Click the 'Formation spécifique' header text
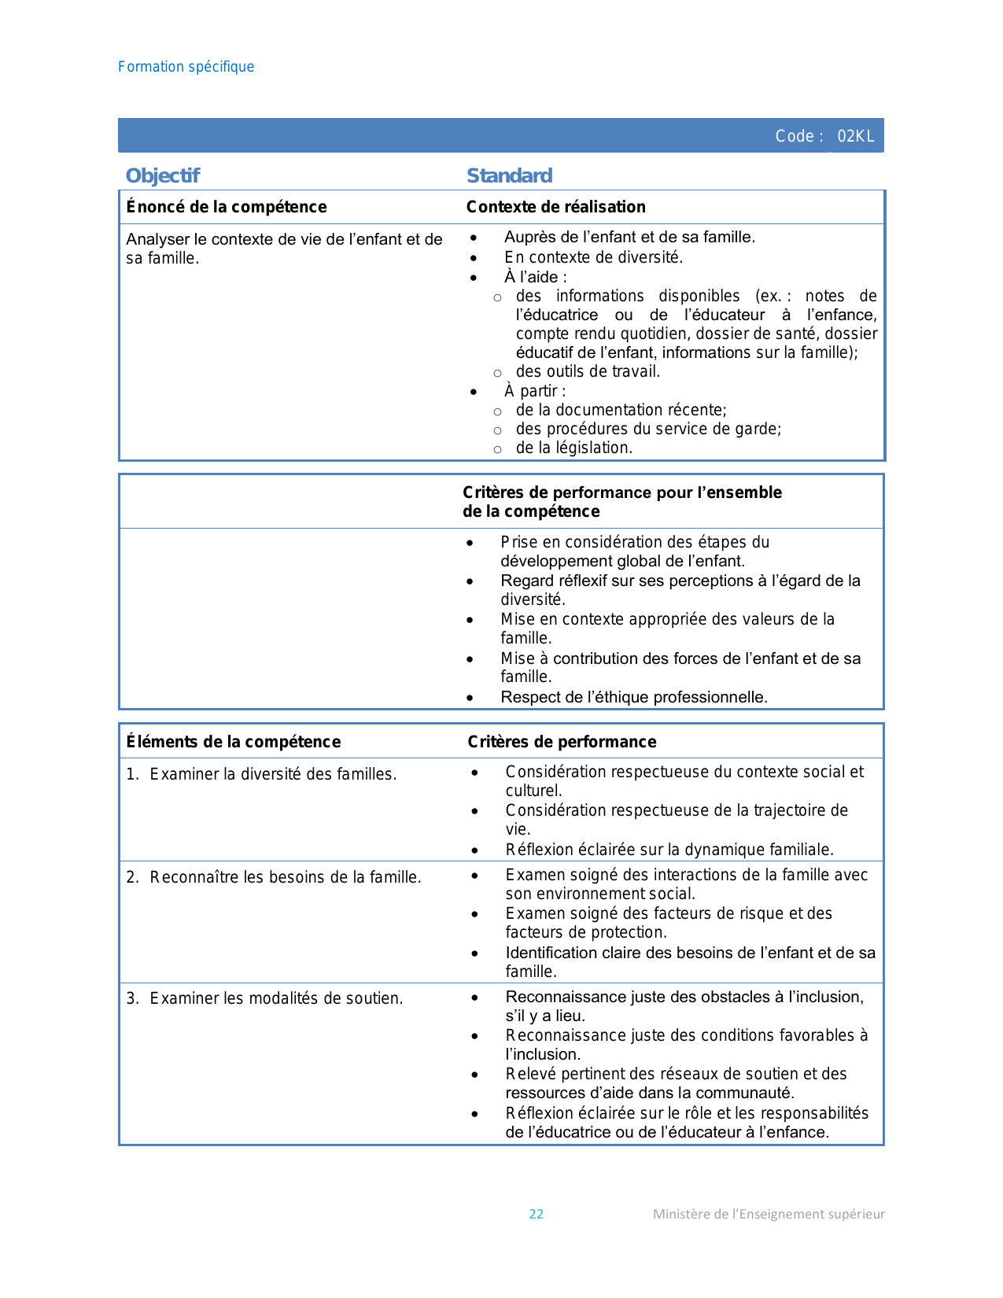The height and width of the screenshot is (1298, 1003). click(186, 67)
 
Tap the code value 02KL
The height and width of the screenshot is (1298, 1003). click(855, 136)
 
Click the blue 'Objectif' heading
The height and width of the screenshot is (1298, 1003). click(163, 175)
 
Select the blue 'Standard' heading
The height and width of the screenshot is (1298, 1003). click(509, 175)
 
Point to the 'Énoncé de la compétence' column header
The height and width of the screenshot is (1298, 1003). click(227, 207)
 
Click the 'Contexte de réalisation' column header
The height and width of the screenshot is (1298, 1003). click(555, 207)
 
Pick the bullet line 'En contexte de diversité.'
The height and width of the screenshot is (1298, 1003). click(593, 257)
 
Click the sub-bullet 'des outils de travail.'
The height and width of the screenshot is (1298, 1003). click(588, 371)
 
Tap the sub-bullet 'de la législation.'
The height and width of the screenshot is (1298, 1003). click(573, 448)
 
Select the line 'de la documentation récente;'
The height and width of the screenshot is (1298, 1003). click(621, 410)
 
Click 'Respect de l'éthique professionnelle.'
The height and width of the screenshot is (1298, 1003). click(633, 697)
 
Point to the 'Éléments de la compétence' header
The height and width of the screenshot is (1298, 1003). click(234, 742)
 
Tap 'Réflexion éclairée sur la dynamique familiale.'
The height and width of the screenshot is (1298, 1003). click(669, 850)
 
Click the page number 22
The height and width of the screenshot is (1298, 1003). click(537, 1214)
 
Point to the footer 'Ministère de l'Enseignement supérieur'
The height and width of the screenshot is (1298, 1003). click(769, 1214)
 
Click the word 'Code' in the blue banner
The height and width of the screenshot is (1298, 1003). click(795, 136)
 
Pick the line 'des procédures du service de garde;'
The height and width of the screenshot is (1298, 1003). click(648, 429)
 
